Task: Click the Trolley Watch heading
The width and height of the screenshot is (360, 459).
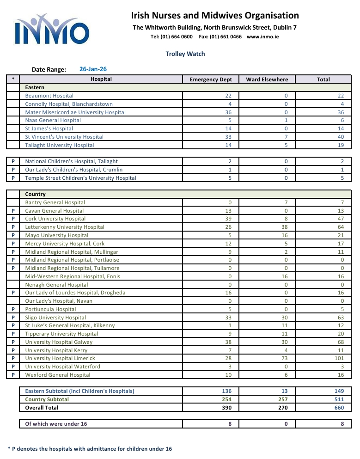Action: (x=185, y=54)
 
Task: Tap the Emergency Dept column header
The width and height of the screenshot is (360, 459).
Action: (x=211, y=80)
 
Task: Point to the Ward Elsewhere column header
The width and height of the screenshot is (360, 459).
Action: (x=267, y=80)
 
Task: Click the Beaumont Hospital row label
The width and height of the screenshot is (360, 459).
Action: (x=49, y=96)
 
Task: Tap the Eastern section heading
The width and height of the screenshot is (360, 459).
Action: (x=35, y=87)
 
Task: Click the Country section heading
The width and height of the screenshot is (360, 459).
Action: (x=36, y=194)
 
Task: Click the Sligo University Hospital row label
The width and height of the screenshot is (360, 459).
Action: (x=55, y=318)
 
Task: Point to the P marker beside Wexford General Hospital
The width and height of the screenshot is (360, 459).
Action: (x=13, y=375)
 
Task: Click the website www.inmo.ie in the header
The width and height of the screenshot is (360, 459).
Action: (x=263, y=37)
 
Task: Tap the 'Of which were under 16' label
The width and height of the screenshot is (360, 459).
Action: (x=56, y=424)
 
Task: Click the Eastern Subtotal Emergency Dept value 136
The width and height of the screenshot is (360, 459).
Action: (x=226, y=391)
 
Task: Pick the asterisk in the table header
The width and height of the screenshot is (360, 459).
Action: (x=13, y=79)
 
